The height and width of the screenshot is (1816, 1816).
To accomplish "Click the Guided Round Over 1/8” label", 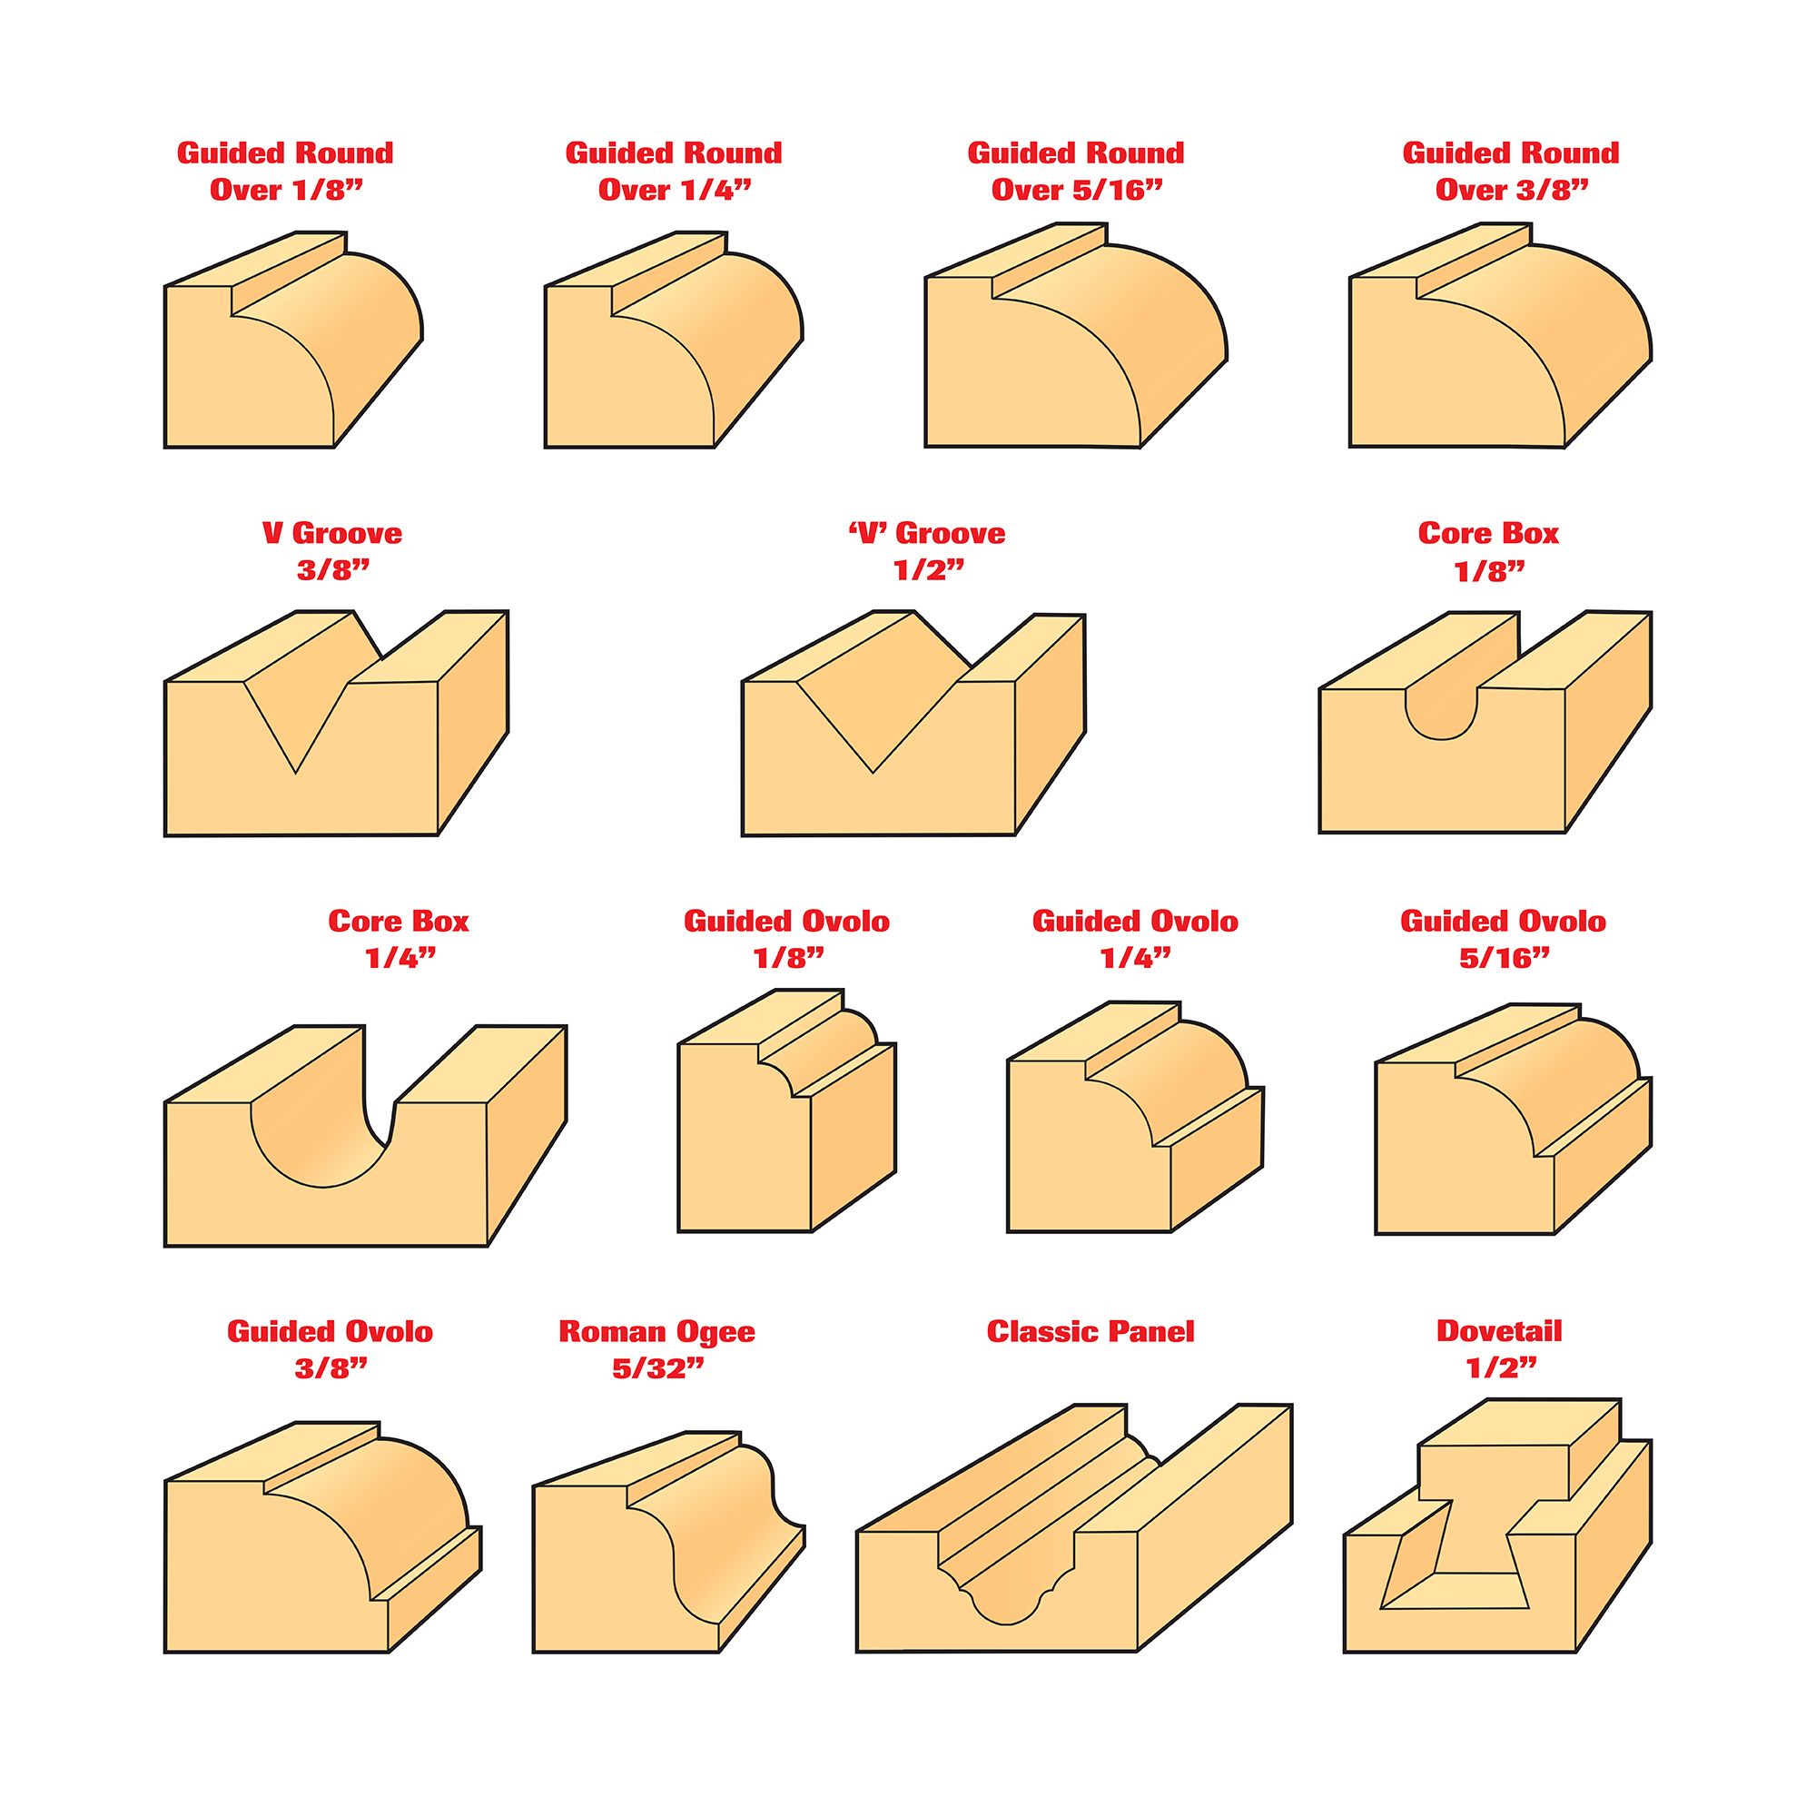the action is point(285,171).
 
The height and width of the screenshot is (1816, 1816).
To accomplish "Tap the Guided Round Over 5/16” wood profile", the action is point(1075,335).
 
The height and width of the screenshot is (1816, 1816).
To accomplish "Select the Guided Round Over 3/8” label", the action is point(1511,171).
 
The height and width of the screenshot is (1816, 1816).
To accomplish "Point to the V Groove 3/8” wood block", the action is point(337,723).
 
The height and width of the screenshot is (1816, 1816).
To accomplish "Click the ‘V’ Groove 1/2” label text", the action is point(926,552).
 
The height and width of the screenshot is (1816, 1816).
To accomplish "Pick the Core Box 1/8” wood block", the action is point(1485,722).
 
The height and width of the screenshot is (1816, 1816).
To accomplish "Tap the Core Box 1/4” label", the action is point(399,939).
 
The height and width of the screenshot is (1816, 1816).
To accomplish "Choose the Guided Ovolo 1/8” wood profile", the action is point(786,1110).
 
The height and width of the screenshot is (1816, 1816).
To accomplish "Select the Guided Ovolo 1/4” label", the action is point(1136,939).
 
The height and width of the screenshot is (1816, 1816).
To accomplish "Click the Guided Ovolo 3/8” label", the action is point(330,1349).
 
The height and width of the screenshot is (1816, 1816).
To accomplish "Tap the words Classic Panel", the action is point(1091,1332).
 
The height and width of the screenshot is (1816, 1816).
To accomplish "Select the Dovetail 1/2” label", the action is point(1499,1349).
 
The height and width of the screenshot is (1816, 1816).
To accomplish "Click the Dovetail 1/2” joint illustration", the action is point(1497,1538).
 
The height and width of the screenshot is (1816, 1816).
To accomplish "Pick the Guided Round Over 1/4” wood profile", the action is point(674,340).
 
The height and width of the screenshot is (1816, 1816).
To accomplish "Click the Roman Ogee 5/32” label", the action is point(657,1349).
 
